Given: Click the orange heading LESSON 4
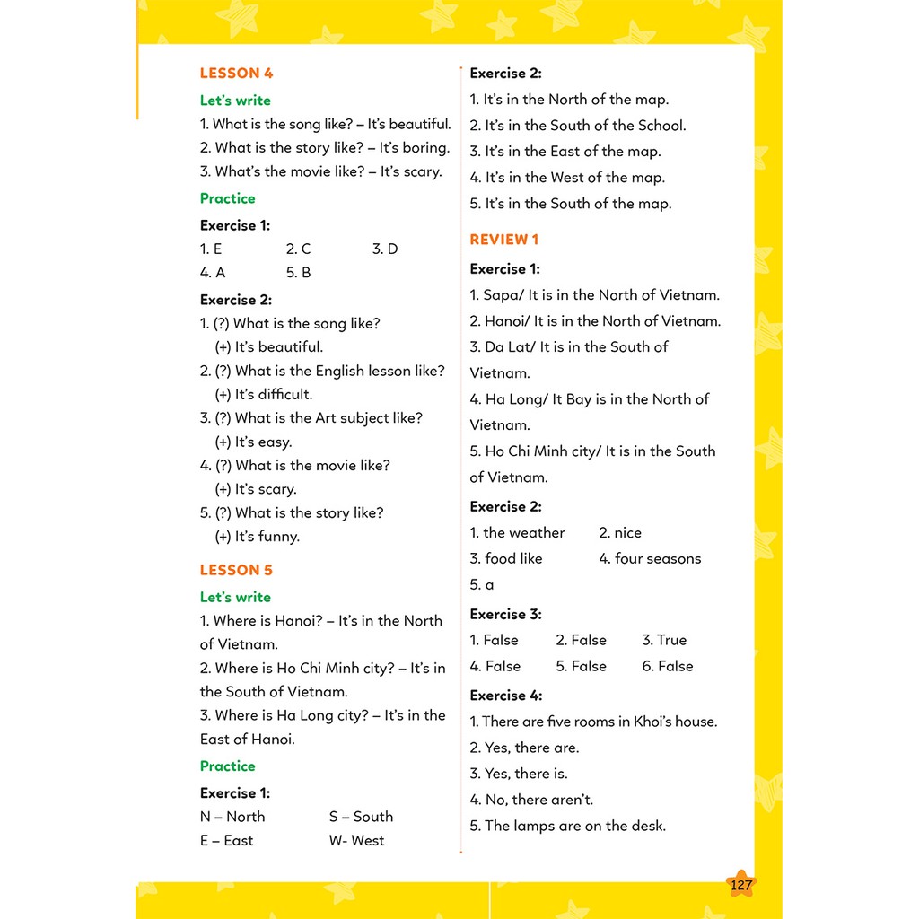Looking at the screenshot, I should (236, 74).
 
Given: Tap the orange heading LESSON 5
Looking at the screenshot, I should (236, 570).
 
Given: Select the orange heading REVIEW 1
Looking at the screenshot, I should (504, 240).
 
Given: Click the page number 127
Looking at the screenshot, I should (741, 886).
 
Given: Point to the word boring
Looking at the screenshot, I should (425, 148).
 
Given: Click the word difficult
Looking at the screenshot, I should (285, 394).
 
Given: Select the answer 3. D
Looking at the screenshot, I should (385, 249).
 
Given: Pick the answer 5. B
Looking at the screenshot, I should (298, 273).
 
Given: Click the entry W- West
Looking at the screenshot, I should (356, 841).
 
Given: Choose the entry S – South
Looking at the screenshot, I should (361, 817).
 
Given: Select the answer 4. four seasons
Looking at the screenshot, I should (650, 558).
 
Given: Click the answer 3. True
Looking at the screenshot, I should (664, 640).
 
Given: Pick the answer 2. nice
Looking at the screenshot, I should (620, 532).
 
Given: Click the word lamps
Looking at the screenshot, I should (534, 826).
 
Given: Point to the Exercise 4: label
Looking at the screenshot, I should (506, 696).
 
